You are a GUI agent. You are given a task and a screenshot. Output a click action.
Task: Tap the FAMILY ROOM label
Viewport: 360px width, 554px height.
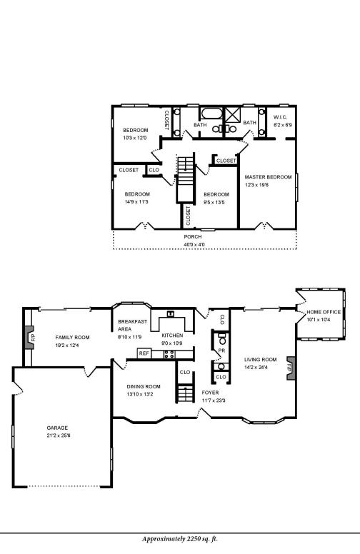pos(72,337)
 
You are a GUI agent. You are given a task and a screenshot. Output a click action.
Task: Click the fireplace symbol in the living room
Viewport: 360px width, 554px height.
pos(289,368)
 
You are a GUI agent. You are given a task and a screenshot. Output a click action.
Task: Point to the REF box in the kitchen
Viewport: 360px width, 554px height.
pos(144,353)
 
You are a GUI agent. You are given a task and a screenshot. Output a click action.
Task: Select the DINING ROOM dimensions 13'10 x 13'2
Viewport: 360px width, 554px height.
pos(143,394)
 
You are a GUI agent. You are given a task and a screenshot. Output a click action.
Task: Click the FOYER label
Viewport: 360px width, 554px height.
pos(210,393)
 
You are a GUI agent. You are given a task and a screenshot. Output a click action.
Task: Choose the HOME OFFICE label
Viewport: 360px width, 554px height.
pos(324,312)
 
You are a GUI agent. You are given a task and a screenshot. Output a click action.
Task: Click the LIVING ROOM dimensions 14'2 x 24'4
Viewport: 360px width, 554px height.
pos(260,368)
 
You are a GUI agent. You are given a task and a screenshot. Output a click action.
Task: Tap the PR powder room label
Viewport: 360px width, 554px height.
pos(221,351)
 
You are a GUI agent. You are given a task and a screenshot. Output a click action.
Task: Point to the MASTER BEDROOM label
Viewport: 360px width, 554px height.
pos(268,176)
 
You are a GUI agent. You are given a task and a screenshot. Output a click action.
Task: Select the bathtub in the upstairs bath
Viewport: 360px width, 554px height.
pos(211,114)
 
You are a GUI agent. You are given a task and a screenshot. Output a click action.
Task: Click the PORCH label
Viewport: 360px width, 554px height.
pos(193,236)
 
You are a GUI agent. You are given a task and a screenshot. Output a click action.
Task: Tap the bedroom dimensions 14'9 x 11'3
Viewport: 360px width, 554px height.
pos(136,202)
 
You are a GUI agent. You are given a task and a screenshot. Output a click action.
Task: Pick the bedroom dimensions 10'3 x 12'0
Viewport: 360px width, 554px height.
pos(135,138)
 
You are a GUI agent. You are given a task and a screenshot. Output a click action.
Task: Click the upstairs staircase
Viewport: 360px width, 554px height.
pos(185,178)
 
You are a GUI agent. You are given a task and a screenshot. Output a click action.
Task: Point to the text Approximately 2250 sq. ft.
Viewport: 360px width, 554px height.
pos(179,539)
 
